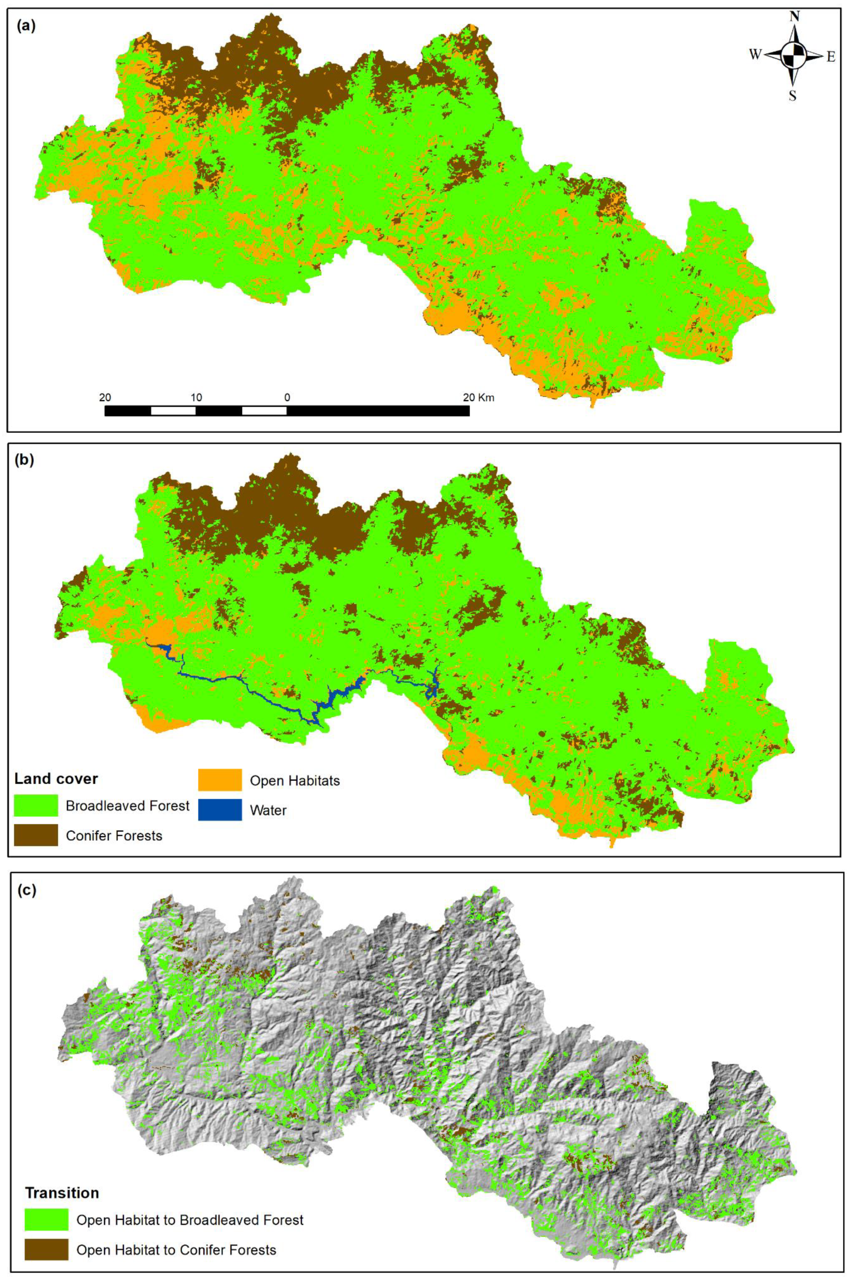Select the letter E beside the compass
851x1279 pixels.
pos(831,57)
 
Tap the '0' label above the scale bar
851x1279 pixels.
pos(287,397)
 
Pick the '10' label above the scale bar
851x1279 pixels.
pos(197,397)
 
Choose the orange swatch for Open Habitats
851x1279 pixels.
pos(220,781)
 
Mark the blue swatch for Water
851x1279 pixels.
pos(220,810)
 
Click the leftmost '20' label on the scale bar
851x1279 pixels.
pos(105,397)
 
